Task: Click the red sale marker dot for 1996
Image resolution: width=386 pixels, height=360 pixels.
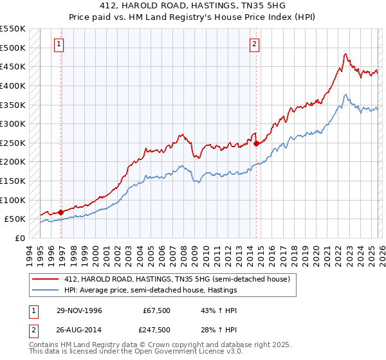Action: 61,212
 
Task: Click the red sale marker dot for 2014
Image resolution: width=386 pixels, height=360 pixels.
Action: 256,143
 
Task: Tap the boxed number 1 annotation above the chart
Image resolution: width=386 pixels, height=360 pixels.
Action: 59,44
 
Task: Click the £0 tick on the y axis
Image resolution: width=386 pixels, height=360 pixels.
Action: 21,238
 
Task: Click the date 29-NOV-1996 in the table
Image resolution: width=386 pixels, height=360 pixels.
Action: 80,310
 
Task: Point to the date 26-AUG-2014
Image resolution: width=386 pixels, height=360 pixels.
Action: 80,329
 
